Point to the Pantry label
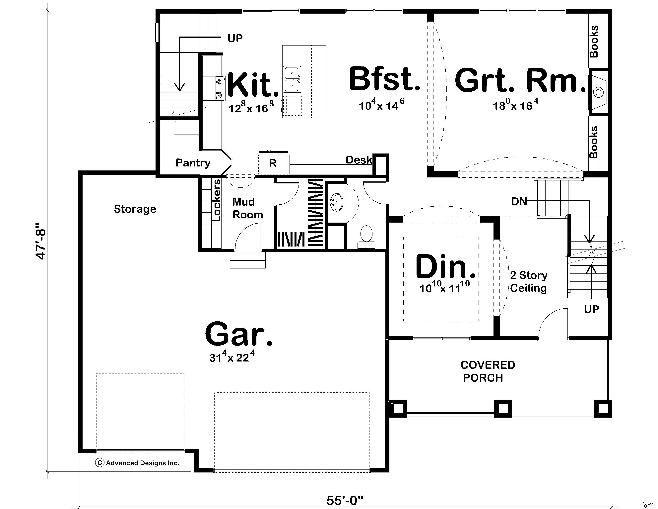tap(193, 163)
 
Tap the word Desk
tap(359, 160)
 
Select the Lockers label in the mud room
tap(217, 201)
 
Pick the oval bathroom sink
tap(337, 202)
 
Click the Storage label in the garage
tap(135, 209)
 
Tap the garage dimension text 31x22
tap(232, 357)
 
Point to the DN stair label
tap(519, 201)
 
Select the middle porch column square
tap(503, 409)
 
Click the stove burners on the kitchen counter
tap(219, 89)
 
